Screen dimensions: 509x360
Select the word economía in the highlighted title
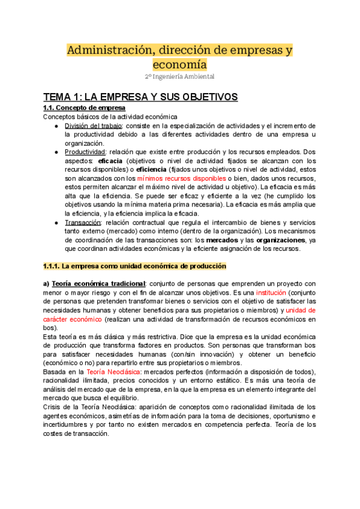[x=179, y=64]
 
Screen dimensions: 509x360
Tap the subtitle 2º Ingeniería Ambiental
[x=179, y=77]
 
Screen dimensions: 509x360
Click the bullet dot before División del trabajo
[x=55, y=125]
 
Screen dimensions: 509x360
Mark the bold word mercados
[x=214, y=240]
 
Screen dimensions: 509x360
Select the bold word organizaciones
[x=272, y=240]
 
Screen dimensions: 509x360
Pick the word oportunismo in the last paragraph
[x=292, y=417]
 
